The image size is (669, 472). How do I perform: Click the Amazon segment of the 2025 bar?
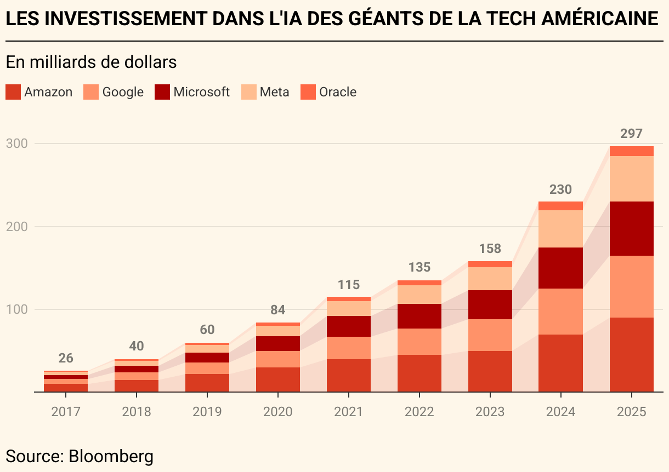[x=631, y=354]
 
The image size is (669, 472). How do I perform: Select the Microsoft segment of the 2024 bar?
[x=560, y=268]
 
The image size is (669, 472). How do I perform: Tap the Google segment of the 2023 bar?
[x=490, y=335]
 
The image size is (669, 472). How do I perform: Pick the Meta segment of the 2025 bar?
[x=631, y=179]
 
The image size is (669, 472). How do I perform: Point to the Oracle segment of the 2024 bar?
[x=560, y=206]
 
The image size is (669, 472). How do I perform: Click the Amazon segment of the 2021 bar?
[x=348, y=375]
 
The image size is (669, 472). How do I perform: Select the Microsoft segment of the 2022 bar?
[x=419, y=316]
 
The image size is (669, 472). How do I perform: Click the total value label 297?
[x=631, y=134]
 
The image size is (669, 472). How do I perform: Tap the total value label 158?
[x=490, y=249]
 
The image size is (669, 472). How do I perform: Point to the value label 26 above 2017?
[x=66, y=358]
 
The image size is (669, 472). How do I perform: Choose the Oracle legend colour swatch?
[x=309, y=92]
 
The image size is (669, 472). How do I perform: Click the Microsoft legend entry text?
[x=201, y=92]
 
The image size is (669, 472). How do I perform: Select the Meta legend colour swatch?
[x=250, y=92]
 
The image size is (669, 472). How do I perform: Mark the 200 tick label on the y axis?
[x=17, y=226]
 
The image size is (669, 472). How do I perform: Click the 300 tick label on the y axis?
[x=17, y=143]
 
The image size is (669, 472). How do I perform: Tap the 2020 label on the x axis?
[x=277, y=411]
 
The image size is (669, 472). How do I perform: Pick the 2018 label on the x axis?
[x=136, y=411]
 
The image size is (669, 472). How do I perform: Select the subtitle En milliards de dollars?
[x=91, y=62]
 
